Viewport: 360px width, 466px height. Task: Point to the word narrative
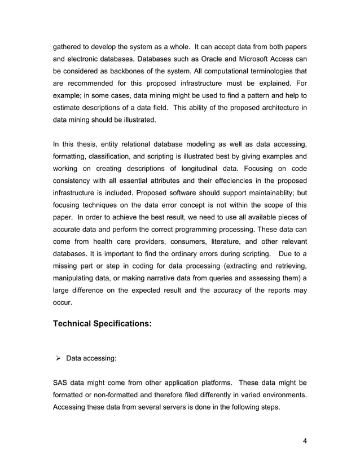point(165,278)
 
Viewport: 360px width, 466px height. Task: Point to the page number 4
point(304,441)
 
